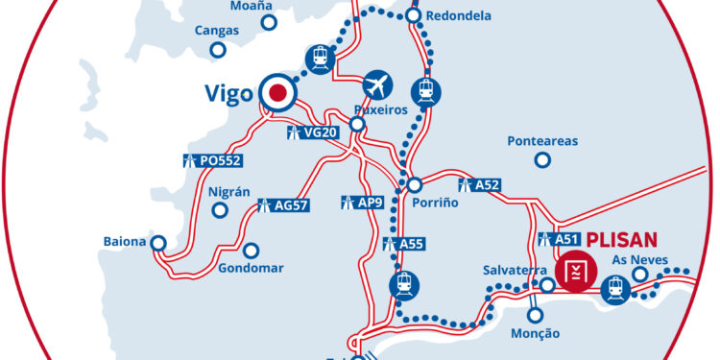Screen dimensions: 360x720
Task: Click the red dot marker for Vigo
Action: coord(278,93)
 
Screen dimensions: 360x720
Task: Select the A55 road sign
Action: coord(402,244)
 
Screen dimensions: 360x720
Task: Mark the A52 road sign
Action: coord(481,184)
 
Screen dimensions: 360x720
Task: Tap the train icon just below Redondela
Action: coord(424,91)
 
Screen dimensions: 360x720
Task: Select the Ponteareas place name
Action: coord(542,141)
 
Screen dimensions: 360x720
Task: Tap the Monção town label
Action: coord(535,332)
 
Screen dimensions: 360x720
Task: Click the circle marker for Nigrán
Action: coord(221,209)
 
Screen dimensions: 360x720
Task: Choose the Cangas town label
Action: coord(216,31)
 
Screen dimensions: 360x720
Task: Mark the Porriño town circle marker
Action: coord(414,184)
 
